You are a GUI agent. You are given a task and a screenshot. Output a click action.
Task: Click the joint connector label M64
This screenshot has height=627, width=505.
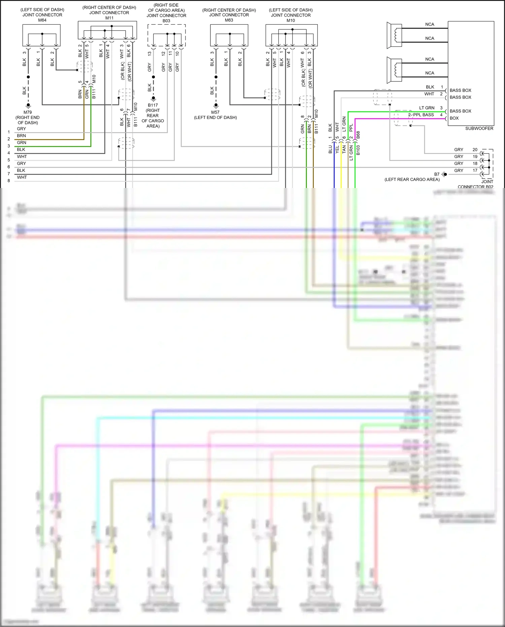tap(42, 20)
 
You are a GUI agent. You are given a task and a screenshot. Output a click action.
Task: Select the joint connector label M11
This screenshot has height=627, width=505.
tap(109, 18)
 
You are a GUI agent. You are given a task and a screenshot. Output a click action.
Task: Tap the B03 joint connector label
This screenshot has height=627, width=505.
tap(166, 21)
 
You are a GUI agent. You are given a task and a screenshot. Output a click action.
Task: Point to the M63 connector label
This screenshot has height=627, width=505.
tap(229, 20)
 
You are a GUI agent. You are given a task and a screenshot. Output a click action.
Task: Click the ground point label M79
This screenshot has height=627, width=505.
tap(28, 112)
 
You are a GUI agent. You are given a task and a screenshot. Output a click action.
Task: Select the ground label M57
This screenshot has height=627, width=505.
tap(215, 112)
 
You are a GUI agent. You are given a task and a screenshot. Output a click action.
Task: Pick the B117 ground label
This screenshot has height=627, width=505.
tap(153, 105)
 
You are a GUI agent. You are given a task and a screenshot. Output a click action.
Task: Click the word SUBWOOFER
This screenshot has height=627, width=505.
tap(479, 128)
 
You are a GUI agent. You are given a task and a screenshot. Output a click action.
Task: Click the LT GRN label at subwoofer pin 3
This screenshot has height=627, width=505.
tap(427, 108)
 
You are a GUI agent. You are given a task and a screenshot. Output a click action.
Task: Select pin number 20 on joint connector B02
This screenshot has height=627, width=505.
tap(475, 150)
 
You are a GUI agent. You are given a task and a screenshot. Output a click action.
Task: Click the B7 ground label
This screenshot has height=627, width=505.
tap(437, 174)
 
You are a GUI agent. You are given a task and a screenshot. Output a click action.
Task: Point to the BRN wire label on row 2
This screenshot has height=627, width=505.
tap(21, 135)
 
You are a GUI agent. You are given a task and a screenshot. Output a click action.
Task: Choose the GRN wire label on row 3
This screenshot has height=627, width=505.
tap(21, 143)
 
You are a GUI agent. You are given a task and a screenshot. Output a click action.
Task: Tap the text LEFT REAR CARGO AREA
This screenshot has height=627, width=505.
tap(412, 180)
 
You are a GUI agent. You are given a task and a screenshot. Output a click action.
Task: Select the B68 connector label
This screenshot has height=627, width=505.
tap(358, 135)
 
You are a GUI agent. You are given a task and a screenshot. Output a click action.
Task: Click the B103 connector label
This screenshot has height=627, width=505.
tap(358, 150)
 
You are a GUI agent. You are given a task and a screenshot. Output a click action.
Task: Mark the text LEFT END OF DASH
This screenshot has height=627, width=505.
tap(215, 118)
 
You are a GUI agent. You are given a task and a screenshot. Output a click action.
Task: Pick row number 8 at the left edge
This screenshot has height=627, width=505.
tap(9, 181)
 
